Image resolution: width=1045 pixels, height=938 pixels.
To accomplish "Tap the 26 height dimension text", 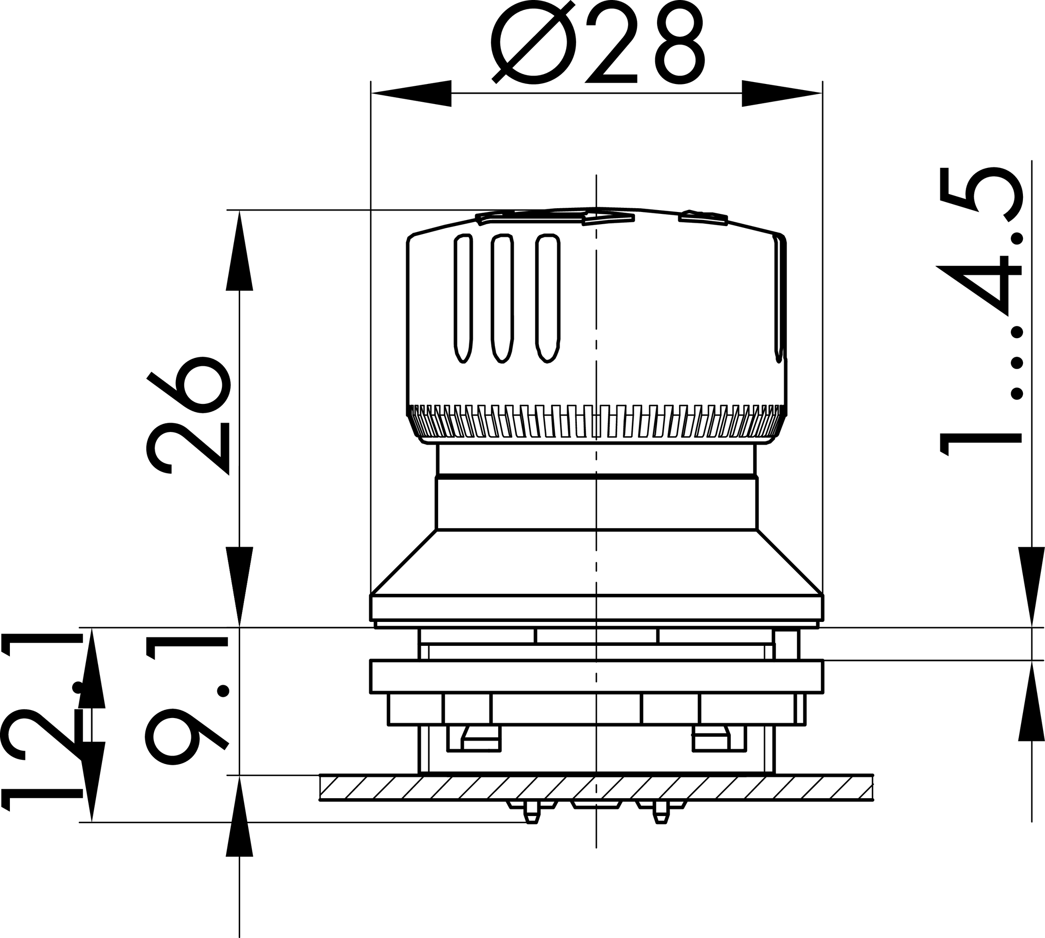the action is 188,415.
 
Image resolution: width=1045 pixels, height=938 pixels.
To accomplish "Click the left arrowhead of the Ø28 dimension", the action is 411,93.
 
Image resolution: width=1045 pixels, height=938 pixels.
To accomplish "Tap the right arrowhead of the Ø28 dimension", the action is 782,93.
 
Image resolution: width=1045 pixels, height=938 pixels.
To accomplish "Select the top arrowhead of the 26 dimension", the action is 240,250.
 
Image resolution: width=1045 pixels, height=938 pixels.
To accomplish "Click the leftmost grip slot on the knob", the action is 463,298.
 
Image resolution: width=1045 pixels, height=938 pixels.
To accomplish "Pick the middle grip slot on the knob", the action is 502,298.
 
